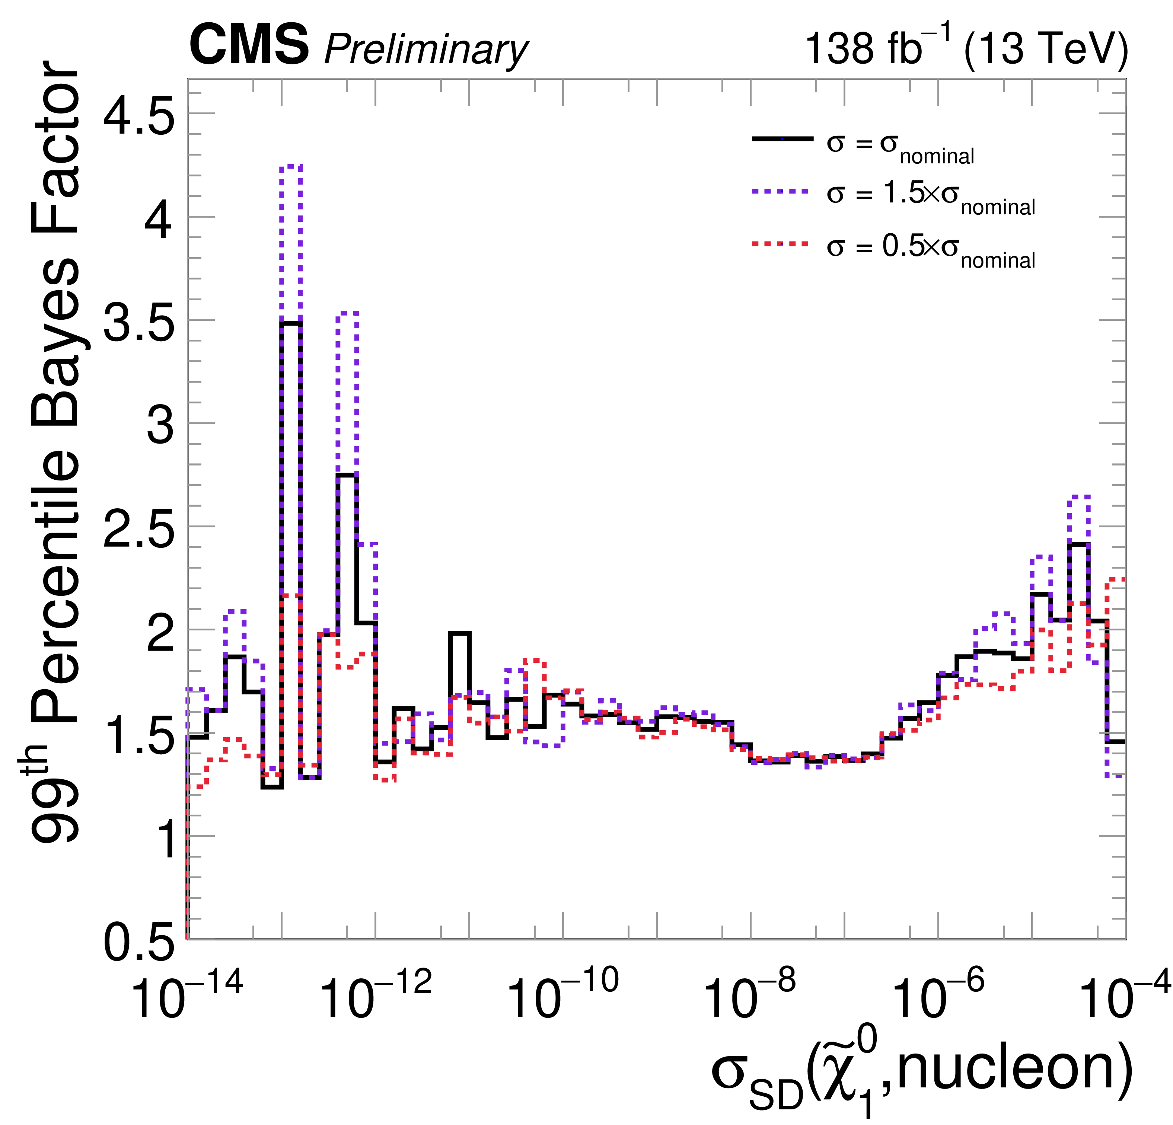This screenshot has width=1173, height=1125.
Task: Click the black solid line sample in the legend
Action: pyautogui.click(x=782, y=139)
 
